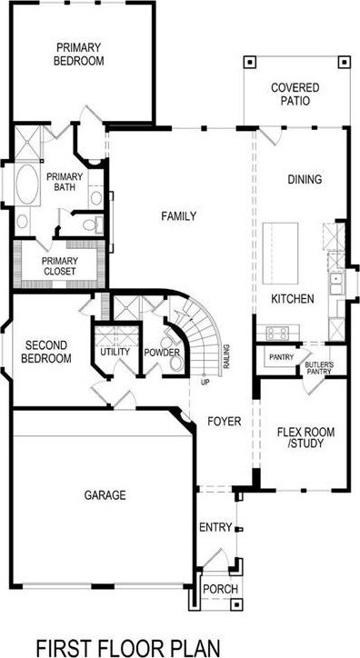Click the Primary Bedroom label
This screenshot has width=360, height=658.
coord(78,54)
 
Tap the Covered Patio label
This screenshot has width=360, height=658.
coord(295,95)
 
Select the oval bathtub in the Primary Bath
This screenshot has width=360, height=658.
coord(27,184)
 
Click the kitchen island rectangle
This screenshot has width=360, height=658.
coord(280,254)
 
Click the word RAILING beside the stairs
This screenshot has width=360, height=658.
coord(226,356)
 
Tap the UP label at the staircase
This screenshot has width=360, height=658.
coord(205,383)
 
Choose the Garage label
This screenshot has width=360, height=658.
coord(105,495)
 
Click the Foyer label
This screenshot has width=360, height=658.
coord(225,422)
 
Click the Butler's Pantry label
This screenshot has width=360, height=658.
coord(319,368)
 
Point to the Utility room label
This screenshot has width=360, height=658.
coord(115,352)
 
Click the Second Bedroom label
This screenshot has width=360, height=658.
coord(46,352)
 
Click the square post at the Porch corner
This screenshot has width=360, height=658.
coord(237,604)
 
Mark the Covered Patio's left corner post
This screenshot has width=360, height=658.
coord(250,62)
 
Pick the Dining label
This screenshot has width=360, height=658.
coord(305,180)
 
